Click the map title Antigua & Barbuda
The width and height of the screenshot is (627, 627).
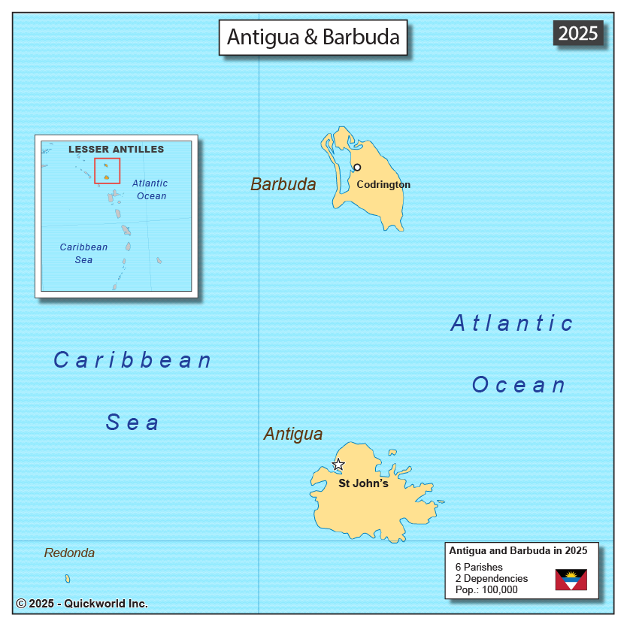click(313, 37)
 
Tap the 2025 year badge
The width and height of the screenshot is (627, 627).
click(577, 33)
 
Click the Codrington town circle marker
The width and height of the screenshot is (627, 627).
click(357, 168)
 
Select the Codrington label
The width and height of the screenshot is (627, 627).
click(383, 185)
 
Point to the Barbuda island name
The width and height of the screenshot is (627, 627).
click(283, 184)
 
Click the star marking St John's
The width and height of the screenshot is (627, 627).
click(338, 465)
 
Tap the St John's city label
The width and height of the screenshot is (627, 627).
click(363, 483)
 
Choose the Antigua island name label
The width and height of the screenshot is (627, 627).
click(293, 434)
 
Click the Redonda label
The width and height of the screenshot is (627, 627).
click(69, 553)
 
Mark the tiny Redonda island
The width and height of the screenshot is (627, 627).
click(68, 579)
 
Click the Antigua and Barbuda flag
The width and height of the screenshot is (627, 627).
click(571, 580)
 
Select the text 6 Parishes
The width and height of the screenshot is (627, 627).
click(479, 567)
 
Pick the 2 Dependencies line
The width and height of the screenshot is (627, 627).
click(492, 578)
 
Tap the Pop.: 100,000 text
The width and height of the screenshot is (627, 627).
click(486, 589)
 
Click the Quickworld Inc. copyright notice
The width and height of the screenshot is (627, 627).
click(82, 604)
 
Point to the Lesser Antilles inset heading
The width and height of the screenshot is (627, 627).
click(116, 149)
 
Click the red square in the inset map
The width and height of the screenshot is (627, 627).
click(107, 171)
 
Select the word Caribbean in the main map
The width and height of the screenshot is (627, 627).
click(133, 361)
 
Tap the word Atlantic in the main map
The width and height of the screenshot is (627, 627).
click(512, 323)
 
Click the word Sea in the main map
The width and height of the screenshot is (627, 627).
click(132, 423)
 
